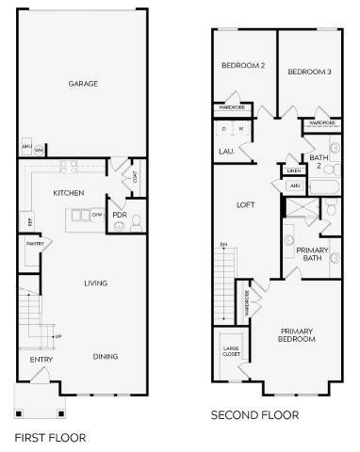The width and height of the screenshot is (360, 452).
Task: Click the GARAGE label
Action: pos(83,84)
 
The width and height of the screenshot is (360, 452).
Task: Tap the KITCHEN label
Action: pos(69,192)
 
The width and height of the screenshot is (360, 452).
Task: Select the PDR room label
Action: pos(120,215)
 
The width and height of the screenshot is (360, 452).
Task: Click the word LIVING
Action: pos(95,282)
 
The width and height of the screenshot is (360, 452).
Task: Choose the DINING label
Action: pos(106,356)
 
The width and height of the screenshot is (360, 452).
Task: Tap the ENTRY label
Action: pos(41,360)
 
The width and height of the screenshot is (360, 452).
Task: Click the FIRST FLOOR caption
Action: pos(51,437)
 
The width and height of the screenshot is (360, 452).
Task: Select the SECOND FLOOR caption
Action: pos(254,414)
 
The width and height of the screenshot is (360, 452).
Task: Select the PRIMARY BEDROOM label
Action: pos(296,336)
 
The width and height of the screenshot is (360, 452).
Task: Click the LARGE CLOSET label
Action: pos(230,354)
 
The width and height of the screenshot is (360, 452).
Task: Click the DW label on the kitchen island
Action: pos(97,214)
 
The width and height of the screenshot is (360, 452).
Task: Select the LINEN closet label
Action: pos(294,170)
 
